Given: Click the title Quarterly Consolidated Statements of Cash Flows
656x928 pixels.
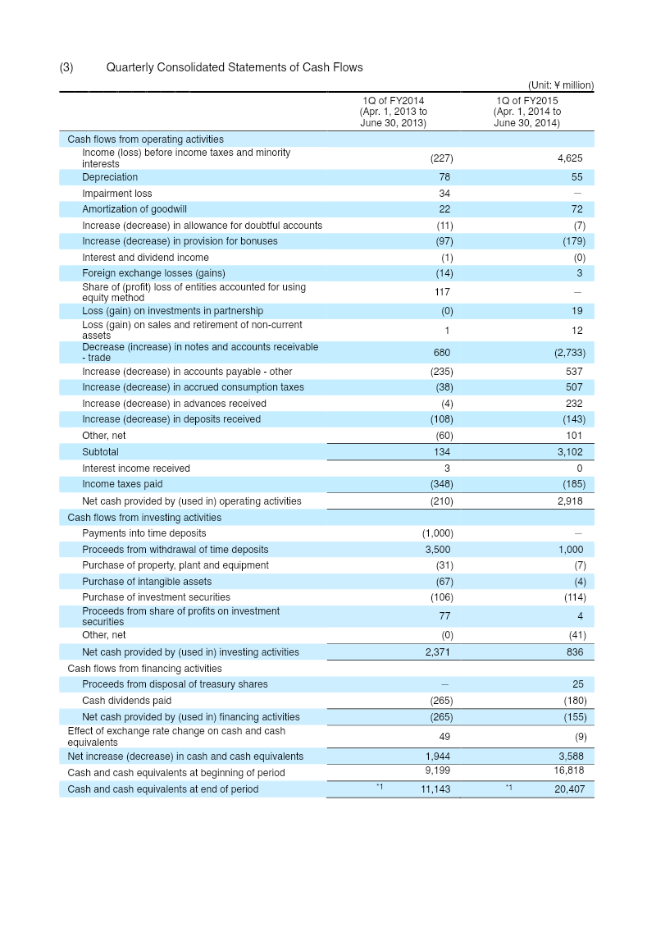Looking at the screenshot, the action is (235, 67).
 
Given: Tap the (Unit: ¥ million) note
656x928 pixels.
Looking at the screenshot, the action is (561, 85).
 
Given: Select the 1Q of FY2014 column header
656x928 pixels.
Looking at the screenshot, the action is (394, 112).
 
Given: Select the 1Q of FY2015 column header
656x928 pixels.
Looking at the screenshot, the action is (527, 112).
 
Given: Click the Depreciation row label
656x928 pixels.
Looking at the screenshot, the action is (110, 177).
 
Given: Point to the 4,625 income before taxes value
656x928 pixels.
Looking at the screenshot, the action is (570, 158).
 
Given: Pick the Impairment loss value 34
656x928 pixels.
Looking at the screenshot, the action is (444, 194).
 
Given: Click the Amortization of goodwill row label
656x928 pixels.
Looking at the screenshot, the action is (134, 209).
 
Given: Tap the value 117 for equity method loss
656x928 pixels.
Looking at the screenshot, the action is (443, 292).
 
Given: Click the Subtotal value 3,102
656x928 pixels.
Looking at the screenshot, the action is (570, 451).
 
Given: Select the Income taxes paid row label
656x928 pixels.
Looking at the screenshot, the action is (122, 483).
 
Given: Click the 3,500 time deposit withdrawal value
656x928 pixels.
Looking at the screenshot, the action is (438, 549).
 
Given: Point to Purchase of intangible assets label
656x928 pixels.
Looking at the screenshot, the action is (147, 581).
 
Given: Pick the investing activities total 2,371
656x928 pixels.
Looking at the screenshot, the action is (438, 651).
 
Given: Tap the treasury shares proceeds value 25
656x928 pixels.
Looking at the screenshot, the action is (578, 684).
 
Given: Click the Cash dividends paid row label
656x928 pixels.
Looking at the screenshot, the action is (126, 700).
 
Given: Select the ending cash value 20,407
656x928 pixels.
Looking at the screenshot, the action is (570, 789).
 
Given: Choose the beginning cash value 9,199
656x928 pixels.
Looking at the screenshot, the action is (438, 770).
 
